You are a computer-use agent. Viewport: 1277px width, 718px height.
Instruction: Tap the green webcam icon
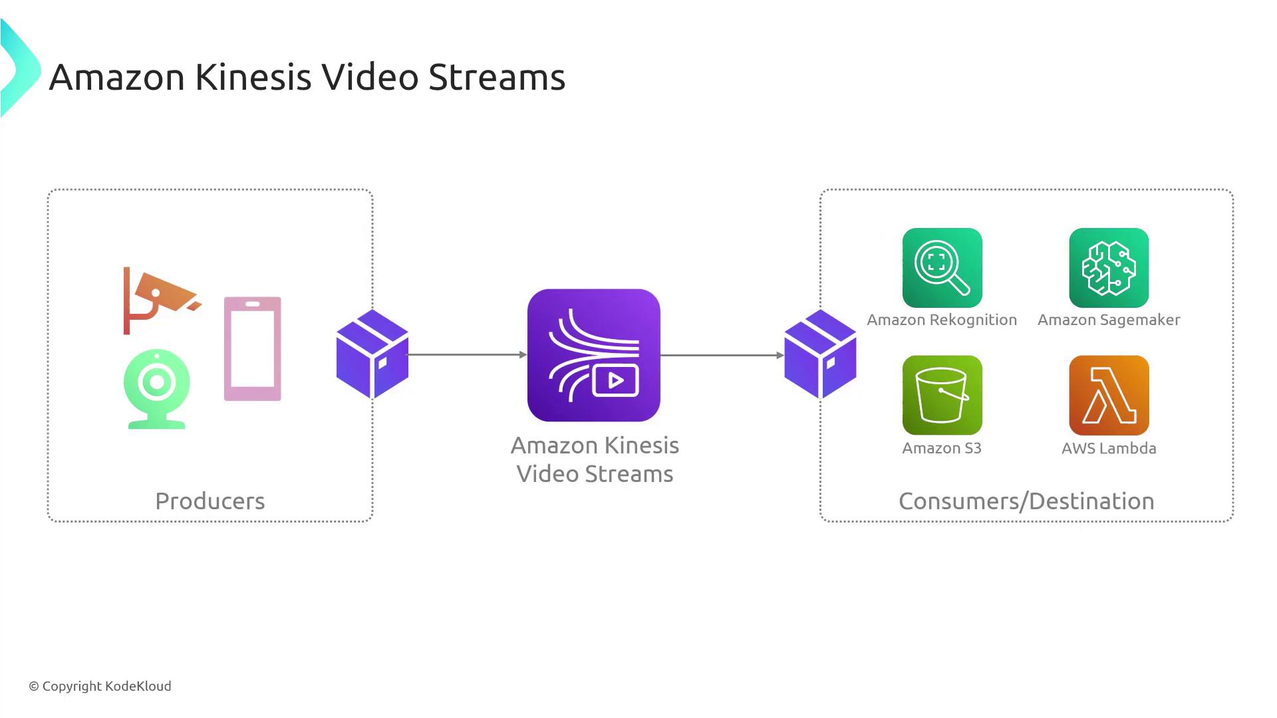tap(157, 388)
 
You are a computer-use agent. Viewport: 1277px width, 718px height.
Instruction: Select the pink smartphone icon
tap(253, 349)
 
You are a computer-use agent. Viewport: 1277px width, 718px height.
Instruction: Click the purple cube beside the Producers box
tap(372, 354)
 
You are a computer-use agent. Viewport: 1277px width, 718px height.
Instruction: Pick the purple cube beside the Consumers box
tap(820, 354)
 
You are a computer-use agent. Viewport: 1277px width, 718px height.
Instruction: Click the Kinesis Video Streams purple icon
tap(594, 355)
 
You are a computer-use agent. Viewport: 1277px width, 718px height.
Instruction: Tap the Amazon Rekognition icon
tap(942, 268)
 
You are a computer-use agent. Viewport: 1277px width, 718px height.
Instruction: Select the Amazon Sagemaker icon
tap(1109, 268)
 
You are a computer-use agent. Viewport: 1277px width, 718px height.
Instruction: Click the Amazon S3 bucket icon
tap(942, 395)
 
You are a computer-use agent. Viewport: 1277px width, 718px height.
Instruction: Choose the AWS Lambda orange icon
tap(1109, 395)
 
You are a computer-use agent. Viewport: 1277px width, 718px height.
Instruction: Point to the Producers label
tap(210, 501)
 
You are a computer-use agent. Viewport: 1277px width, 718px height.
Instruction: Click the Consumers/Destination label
tap(1026, 501)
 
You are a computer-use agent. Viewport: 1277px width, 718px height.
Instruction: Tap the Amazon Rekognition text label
tap(942, 320)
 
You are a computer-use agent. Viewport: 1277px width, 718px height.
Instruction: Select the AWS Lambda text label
tap(1109, 448)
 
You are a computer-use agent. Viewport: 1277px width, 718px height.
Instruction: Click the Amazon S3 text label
tap(942, 448)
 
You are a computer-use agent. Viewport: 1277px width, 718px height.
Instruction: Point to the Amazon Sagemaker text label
tap(1109, 320)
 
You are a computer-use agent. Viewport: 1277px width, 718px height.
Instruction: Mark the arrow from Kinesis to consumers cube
tap(722, 355)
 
